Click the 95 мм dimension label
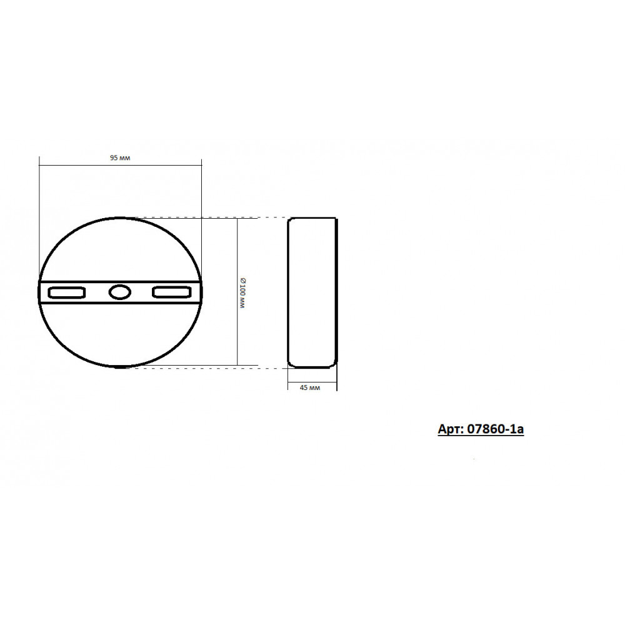(x=120, y=158)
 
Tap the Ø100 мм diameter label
(x=242, y=292)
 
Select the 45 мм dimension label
(x=310, y=388)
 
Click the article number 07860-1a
(x=495, y=429)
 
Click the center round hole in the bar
(x=119, y=292)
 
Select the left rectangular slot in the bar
(x=67, y=292)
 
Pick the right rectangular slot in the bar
(x=172, y=292)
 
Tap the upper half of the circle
(x=119, y=217)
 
